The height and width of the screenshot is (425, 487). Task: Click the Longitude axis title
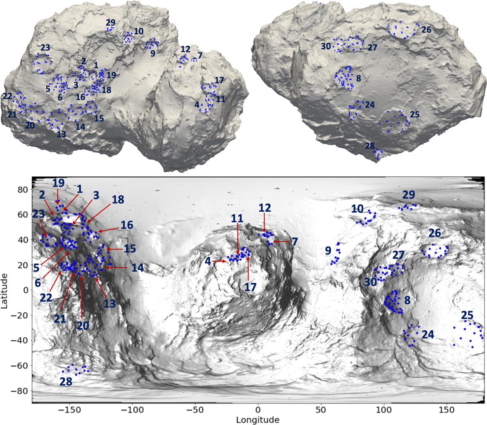(x=258, y=420)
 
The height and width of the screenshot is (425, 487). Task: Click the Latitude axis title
(x=4, y=291)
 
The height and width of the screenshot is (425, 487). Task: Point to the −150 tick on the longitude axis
(x=69, y=410)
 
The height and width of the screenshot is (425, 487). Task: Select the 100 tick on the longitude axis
(x=384, y=410)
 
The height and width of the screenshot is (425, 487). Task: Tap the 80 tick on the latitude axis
(x=23, y=190)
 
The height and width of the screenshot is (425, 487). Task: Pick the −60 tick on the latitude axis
(x=20, y=365)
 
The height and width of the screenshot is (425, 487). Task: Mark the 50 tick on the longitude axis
(x=321, y=410)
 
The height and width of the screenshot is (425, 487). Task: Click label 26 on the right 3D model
(x=426, y=30)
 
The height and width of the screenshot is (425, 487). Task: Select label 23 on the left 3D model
(x=45, y=48)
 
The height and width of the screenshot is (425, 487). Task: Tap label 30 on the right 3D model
(x=326, y=46)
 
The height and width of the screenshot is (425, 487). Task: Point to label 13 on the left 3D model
(x=61, y=134)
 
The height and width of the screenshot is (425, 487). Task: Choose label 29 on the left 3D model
(x=110, y=23)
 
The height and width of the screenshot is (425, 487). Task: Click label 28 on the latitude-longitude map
(x=66, y=382)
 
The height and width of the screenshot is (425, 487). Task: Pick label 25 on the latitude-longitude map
(x=467, y=315)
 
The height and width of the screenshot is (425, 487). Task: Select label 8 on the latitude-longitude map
(x=407, y=300)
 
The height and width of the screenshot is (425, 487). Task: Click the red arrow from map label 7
(x=282, y=242)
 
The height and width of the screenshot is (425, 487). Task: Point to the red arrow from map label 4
(x=219, y=261)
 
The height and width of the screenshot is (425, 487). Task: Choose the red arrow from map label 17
(x=248, y=269)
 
